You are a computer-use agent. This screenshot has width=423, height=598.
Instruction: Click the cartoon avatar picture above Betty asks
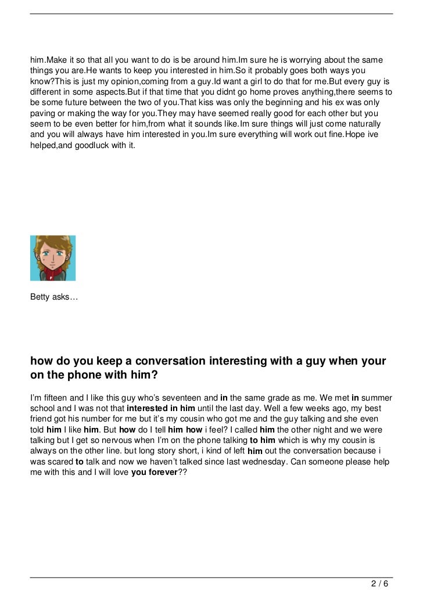[53, 258]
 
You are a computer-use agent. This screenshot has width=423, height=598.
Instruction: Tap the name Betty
[40, 297]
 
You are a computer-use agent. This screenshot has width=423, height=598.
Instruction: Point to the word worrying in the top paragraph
[297, 61]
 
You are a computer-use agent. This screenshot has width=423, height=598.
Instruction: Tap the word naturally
[360, 124]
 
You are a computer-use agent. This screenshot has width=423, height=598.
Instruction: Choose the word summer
[378, 398]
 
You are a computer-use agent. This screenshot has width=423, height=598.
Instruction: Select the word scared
[60, 462]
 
